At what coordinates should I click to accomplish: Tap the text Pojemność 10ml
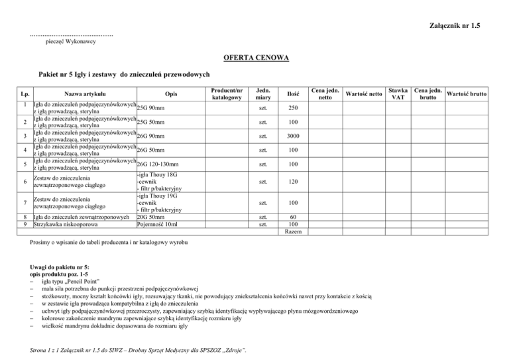(156, 223)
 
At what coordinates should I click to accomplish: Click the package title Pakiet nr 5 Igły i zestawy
(125, 76)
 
